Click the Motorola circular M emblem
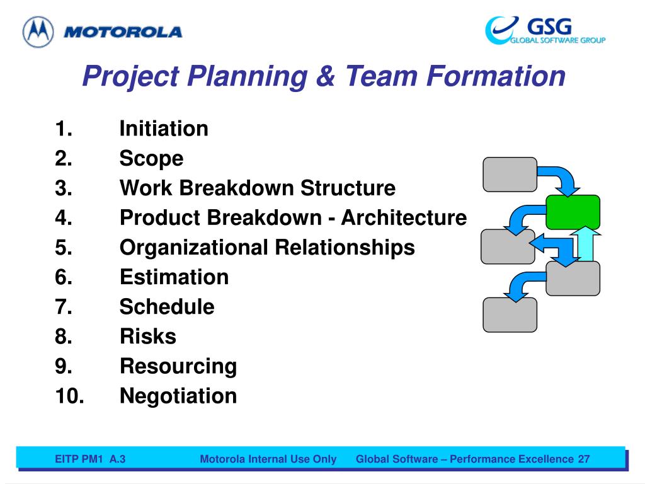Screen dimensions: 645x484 [x=38, y=32]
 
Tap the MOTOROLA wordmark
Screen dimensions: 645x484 [x=123, y=32]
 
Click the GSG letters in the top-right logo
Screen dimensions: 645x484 [x=549, y=26]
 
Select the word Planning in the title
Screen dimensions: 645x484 [x=247, y=76]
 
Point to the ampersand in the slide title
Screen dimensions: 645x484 [x=326, y=76]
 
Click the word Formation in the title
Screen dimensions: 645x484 [x=496, y=76]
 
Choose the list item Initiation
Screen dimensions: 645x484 [x=164, y=129]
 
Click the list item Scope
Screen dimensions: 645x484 [x=151, y=159]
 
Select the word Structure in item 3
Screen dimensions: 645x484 [x=348, y=188]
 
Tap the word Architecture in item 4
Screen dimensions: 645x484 [x=404, y=217]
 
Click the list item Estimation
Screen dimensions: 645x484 [x=174, y=277]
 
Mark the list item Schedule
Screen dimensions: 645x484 [x=167, y=307]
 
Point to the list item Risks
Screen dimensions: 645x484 [x=148, y=337]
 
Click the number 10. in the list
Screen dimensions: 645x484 [x=69, y=396]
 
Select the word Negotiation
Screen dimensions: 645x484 [x=178, y=396]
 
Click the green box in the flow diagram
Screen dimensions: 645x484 [x=573, y=212]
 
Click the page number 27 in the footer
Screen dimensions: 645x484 [x=584, y=459]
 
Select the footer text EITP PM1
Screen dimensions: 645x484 [x=78, y=459]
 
